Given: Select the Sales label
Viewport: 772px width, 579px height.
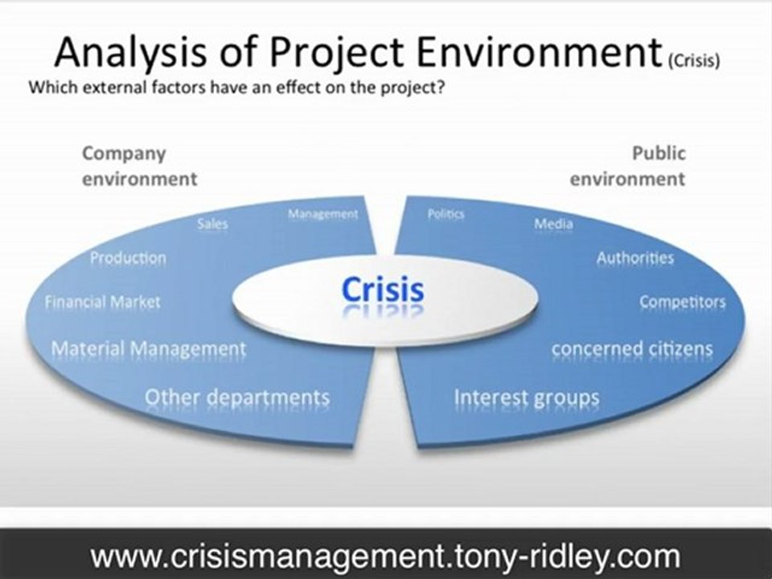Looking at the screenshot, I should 212,224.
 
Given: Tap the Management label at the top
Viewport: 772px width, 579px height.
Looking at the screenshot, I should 322,214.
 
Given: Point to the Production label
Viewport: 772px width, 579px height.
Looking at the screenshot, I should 128,258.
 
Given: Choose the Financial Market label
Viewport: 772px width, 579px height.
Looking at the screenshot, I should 102,302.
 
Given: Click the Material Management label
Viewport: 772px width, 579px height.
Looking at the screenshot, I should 149,350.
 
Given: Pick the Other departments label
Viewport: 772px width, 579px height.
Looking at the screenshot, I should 237,397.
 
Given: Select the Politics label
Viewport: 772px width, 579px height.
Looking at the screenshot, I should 446,215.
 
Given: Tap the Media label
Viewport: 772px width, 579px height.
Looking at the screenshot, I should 553,224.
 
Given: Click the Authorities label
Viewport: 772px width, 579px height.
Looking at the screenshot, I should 634,258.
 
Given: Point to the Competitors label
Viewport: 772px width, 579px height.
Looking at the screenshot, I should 682,302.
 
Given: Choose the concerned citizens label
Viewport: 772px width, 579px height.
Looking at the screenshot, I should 632,349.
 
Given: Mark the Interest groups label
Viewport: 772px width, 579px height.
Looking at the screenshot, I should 527,397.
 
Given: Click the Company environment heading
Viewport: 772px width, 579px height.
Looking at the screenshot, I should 139,165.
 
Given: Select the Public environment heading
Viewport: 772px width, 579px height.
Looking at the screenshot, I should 627,165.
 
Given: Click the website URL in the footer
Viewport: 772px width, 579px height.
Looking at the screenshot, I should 385,556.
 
